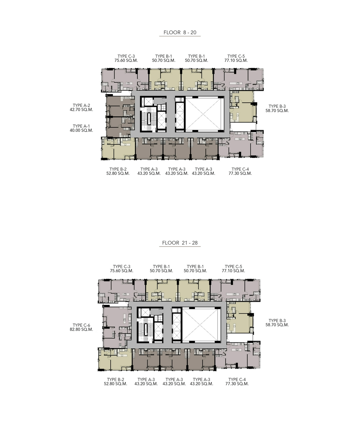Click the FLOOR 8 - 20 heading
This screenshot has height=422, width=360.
[x=180, y=32]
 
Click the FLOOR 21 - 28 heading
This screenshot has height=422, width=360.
[x=180, y=243]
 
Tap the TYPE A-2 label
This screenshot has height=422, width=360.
[x=81, y=105]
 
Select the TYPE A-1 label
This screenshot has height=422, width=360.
[x=81, y=126]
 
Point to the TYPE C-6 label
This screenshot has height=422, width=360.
[x=81, y=325]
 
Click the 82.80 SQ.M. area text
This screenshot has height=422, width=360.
[x=81, y=329]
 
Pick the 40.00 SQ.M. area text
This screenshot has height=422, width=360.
[x=81, y=130]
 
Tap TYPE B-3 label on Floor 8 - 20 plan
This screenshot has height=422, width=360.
[x=277, y=106]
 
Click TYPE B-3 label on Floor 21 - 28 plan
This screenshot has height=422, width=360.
[x=277, y=320]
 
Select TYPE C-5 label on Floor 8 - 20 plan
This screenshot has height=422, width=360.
[x=236, y=56]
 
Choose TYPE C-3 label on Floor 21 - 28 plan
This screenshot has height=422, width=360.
[x=121, y=267]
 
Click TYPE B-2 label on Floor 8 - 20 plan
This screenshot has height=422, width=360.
[x=118, y=169]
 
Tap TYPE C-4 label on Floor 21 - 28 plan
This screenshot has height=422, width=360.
[x=237, y=380]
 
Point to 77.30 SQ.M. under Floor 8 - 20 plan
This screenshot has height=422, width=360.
[x=240, y=173]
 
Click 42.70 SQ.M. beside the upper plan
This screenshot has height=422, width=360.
[x=81, y=109]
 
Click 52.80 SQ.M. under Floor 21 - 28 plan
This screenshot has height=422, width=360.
[x=115, y=384]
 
